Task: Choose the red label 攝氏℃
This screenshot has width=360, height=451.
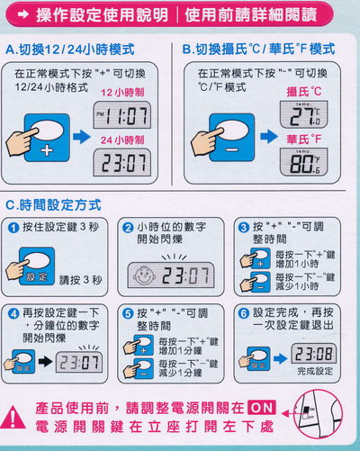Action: tap(305, 92)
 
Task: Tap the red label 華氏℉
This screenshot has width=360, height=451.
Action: tap(305, 140)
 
